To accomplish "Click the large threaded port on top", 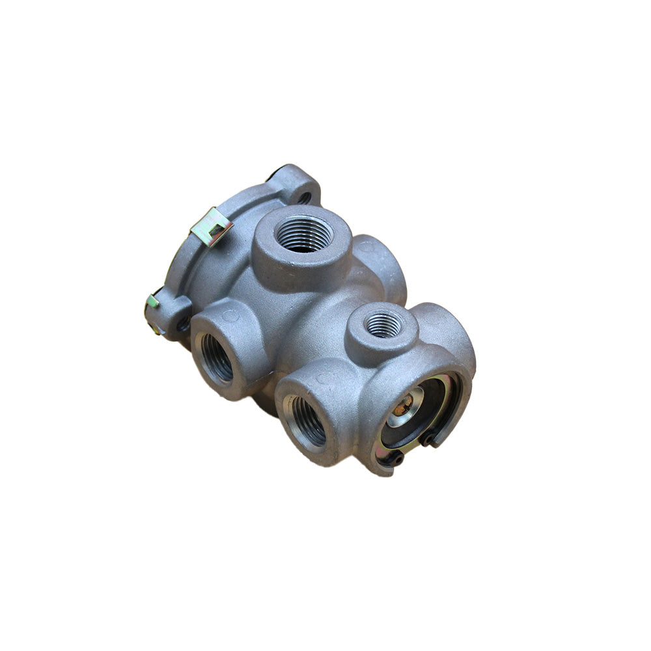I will pos(303,235).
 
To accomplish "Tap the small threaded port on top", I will pos(383,325).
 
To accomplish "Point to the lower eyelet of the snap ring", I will pos(398,460).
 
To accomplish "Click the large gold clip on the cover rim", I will pos(211,226).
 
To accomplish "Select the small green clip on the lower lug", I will pos(152,301).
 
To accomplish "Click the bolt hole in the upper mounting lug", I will pos(303,196).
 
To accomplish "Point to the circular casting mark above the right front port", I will pos(320,378).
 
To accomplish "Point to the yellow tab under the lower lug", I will pos(157,329).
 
